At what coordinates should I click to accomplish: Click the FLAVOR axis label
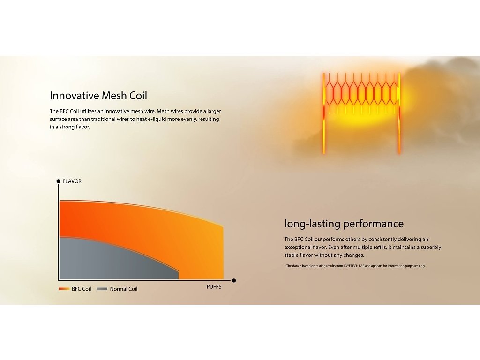point(72,181)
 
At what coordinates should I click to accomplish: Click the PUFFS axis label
point(214,287)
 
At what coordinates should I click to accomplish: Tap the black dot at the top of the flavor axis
point(59,181)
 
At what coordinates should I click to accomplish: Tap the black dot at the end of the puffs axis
point(234,280)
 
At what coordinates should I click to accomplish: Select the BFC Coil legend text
point(82,289)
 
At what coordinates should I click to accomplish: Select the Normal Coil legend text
point(124,289)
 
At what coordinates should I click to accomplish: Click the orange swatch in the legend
point(64,289)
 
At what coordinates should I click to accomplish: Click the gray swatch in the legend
point(102,289)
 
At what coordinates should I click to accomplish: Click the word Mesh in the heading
point(114,96)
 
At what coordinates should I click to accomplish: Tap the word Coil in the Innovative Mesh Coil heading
point(138,96)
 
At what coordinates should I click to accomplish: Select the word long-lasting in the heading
point(312,224)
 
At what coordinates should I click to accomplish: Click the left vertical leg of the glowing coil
point(324,113)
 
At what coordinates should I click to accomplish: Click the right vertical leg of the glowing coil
point(399,113)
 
